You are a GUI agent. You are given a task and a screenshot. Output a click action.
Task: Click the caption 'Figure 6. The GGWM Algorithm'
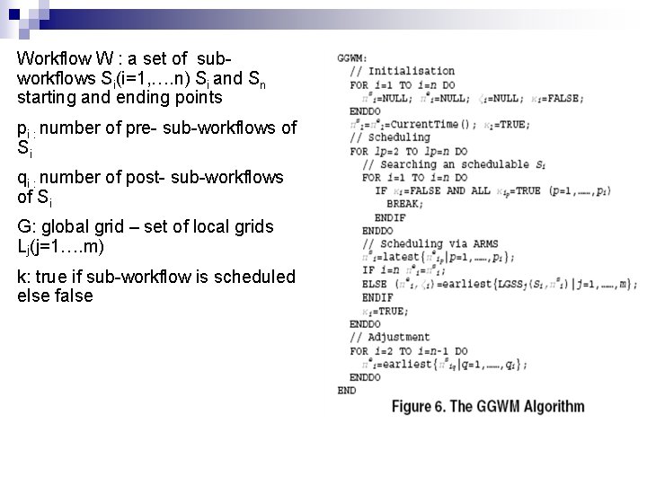(x=488, y=407)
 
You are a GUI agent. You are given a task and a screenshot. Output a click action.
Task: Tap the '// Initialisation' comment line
(x=403, y=71)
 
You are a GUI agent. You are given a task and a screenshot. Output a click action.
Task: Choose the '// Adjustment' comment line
(x=390, y=337)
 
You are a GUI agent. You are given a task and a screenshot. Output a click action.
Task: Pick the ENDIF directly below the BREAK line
(x=391, y=217)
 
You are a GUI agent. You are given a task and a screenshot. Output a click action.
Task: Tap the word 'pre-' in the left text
(x=143, y=128)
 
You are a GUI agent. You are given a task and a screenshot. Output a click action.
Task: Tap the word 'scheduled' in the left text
(x=258, y=277)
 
